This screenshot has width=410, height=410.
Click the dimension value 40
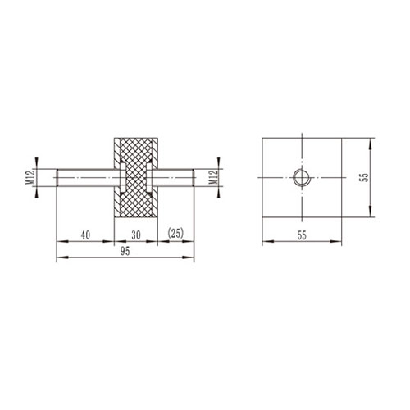coord(85,234)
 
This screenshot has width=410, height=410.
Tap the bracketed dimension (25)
coord(175,234)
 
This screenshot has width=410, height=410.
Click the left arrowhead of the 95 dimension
coord(59,261)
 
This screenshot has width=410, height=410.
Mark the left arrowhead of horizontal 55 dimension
coord(263,243)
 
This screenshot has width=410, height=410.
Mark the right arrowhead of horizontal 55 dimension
coord(340,243)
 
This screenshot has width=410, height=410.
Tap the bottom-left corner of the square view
coord(262,218)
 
